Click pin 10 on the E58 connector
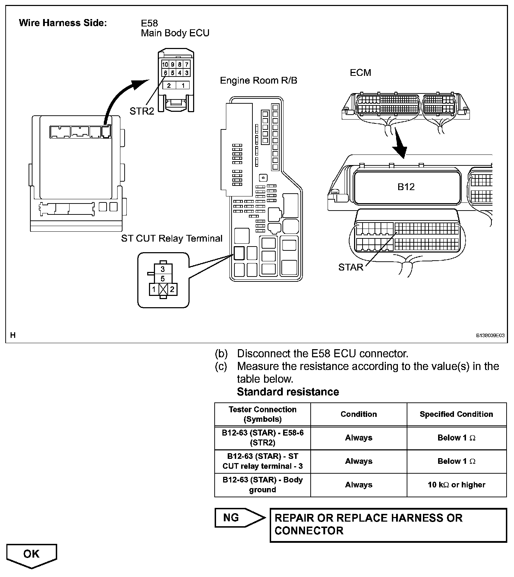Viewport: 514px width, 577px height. [x=165, y=65]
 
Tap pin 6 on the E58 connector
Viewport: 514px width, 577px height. [x=165, y=73]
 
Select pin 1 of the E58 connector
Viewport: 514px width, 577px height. [x=183, y=85]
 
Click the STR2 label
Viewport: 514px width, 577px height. [x=142, y=111]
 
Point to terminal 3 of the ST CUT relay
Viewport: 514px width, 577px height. [x=162, y=269]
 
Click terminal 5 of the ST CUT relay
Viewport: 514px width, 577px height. [x=162, y=279]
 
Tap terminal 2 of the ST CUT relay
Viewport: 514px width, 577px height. [x=172, y=290]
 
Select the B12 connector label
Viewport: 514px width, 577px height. [x=406, y=187]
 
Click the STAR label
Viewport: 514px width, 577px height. [x=351, y=267]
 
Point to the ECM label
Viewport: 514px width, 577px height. [x=360, y=73]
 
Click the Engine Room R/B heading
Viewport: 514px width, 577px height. [x=258, y=80]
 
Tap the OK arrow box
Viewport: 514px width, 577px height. [x=31, y=555]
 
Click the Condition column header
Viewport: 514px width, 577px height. [x=359, y=414]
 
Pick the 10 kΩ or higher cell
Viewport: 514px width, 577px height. [x=456, y=485]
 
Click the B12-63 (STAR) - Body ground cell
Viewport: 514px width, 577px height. [x=262, y=485]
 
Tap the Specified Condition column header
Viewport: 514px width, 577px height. [x=456, y=414]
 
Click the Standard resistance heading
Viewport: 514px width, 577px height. [x=288, y=392]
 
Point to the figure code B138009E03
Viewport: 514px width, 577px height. [x=490, y=336]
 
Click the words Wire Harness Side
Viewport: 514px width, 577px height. [x=62, y=23]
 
